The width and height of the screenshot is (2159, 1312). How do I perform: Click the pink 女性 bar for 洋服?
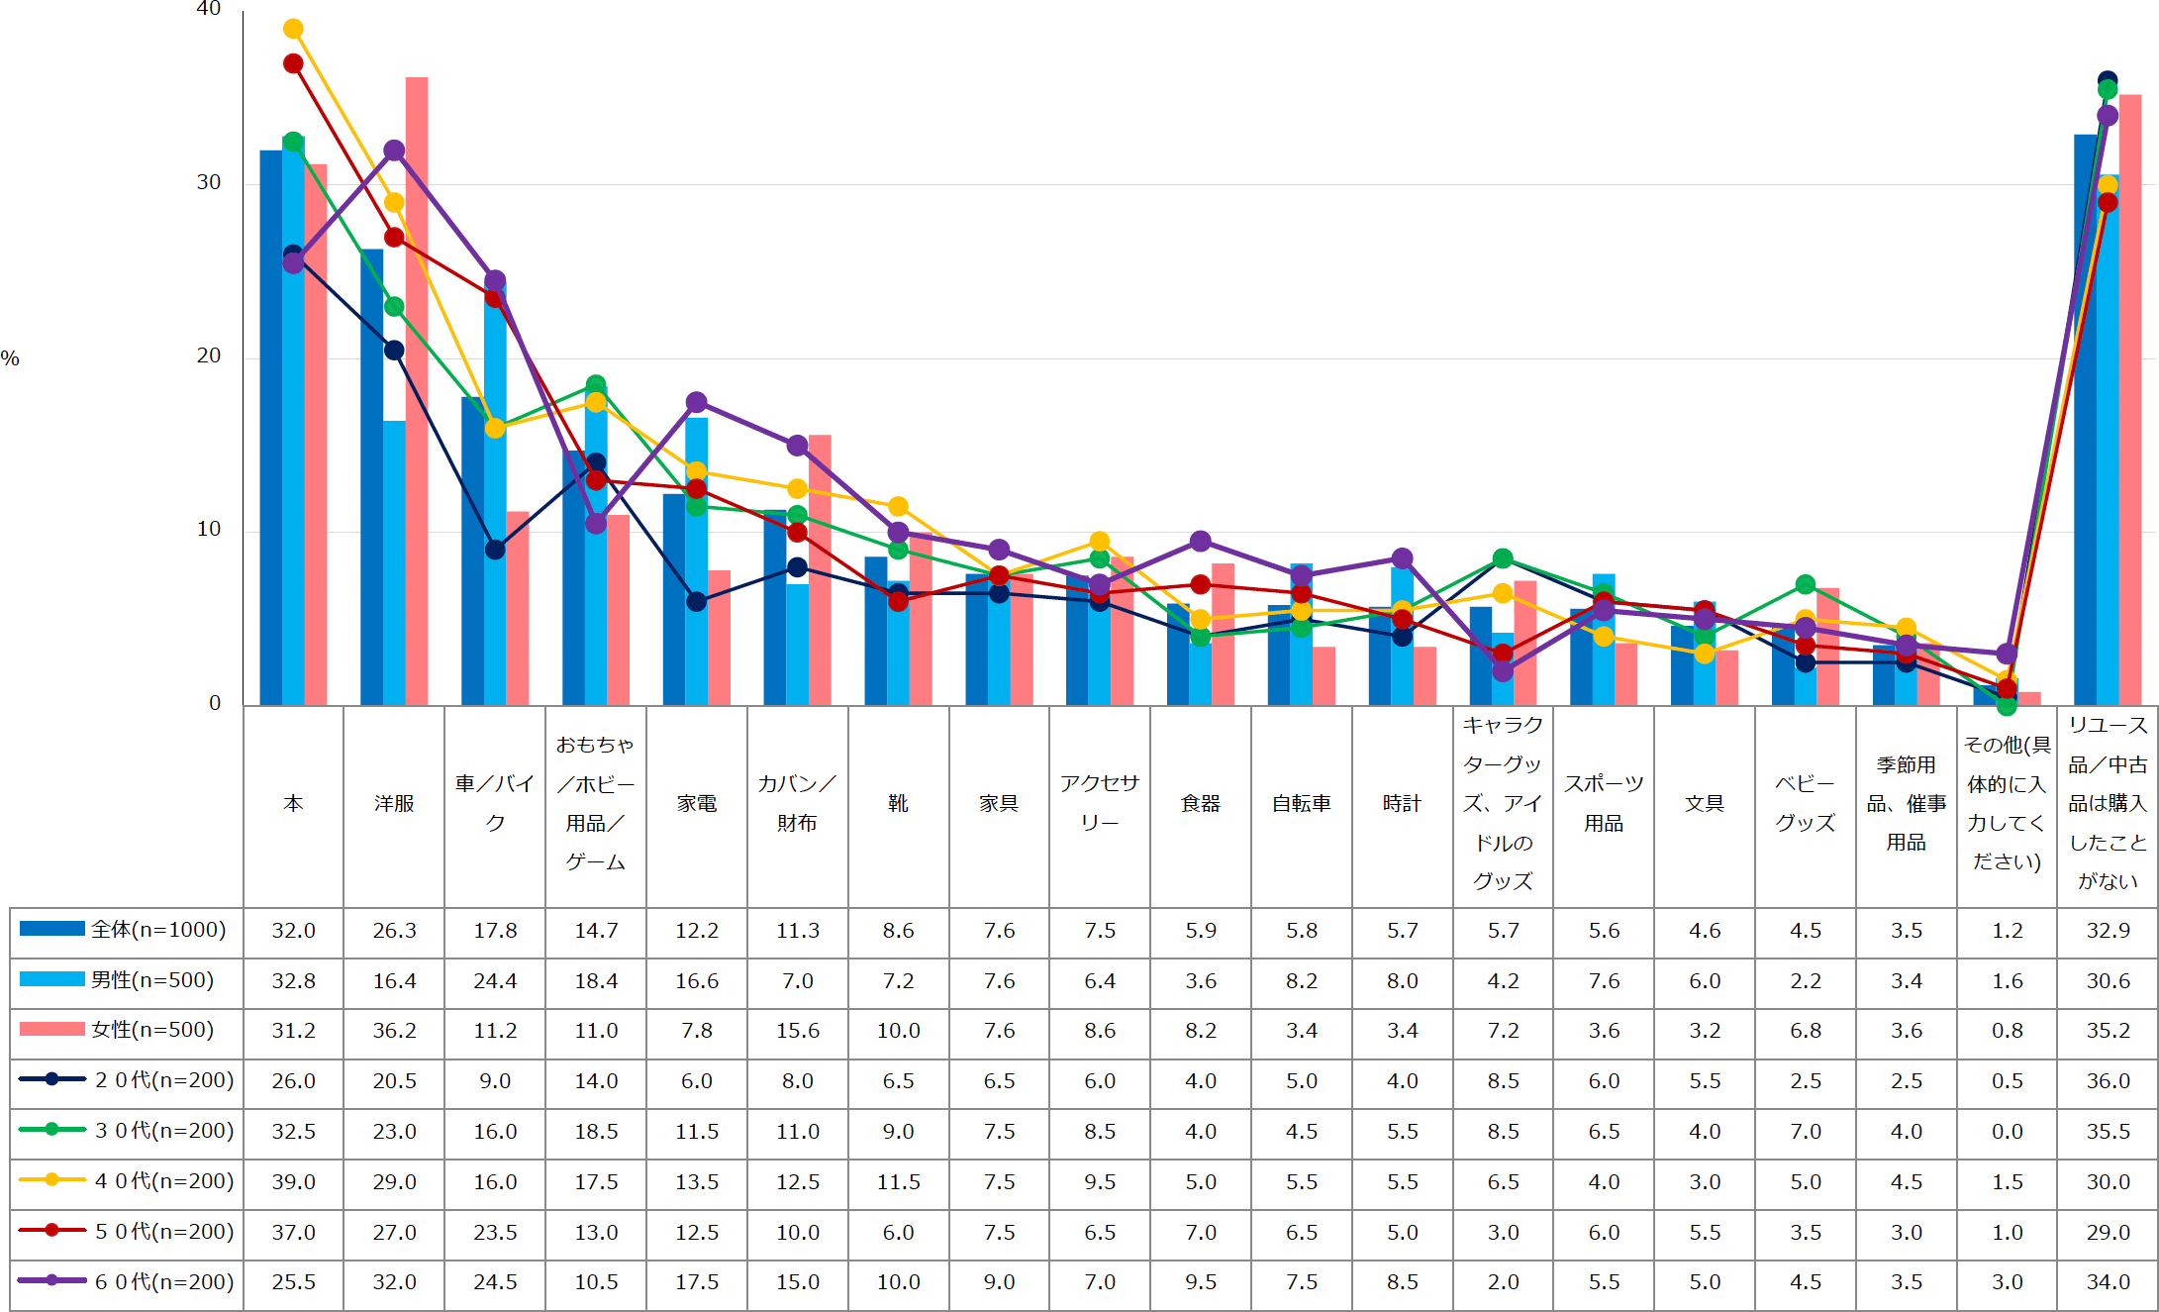tap(417, 396)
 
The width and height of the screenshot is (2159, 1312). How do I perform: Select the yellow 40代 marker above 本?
tap(293, 29)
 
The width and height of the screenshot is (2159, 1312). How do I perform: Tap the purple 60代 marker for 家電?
tap(696, 402)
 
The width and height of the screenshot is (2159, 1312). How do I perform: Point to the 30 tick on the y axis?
tap(209, 183)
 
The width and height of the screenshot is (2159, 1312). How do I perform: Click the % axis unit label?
tap(10, 358)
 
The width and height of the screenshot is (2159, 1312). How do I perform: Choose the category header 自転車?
tap(1301, 804)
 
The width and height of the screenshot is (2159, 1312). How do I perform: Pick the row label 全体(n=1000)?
tap(158, 930)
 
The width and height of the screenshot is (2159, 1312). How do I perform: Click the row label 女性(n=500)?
tap(152, 1030)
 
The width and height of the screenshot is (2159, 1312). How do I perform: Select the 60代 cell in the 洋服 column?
tap(394, 1282)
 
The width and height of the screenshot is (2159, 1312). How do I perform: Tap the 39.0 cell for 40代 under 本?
tap(293, 1182)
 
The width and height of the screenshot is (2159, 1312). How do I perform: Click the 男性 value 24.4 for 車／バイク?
tap(495, 981)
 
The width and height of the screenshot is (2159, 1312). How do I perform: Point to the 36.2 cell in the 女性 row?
tap(394, 1031)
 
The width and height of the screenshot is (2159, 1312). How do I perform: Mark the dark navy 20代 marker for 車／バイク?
tap(495, 550)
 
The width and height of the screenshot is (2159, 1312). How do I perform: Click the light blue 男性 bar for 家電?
tap(697, 564)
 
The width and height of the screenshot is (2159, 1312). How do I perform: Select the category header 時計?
tap(1402, 804)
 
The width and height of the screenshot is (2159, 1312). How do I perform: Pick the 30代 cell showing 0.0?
tap(2007, 1132)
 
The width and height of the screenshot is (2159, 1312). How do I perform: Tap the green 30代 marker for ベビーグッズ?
tap(1805, 584)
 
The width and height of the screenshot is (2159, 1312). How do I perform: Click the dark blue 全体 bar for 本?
tap(270, 426)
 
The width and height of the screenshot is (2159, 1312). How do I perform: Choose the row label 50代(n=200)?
tap(164, 1232)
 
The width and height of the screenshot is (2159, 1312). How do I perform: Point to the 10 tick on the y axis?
tap(209, 530)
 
